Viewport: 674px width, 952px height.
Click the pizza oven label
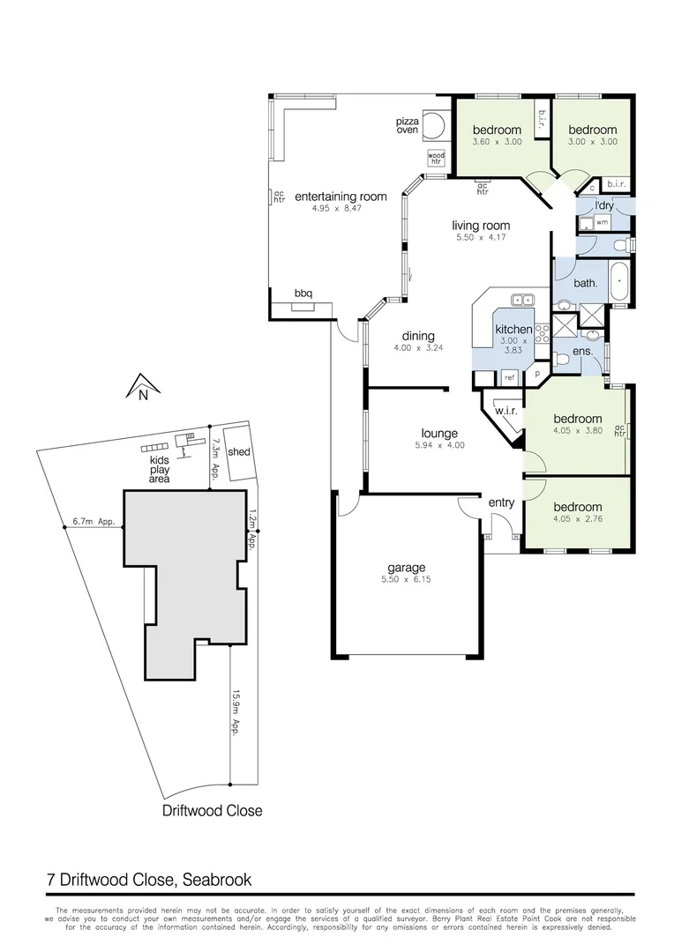[x=407, y=124]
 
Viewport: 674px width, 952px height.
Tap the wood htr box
[x=436, y=157]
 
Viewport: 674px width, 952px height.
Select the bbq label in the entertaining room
[x=303, y=294]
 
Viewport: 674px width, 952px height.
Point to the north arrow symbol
[x=142, y=386]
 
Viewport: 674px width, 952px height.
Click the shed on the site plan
[x=238, y=452]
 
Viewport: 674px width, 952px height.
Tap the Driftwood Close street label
[x=212, y=810]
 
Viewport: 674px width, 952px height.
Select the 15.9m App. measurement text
[x=236, y=712]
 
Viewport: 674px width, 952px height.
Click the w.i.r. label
[x=505, y=411]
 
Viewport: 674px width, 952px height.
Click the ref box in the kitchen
[x=509, y=377]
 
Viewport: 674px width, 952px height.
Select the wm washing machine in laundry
[x=602, y=223]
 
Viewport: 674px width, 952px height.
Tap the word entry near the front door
[x=501, y=502]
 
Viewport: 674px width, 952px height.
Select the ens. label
[x=581, y=352]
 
